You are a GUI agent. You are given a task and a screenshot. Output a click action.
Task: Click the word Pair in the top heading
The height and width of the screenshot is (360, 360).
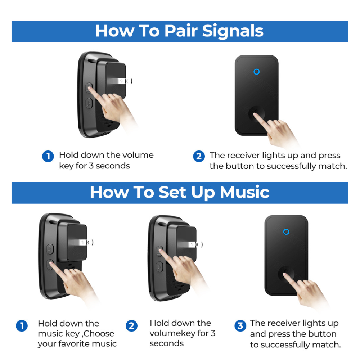point(181,31)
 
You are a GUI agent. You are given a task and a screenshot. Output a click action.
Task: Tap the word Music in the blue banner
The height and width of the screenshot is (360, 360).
point(244,192)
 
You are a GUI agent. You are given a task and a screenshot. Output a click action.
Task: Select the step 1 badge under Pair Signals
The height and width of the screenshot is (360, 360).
point(48,156)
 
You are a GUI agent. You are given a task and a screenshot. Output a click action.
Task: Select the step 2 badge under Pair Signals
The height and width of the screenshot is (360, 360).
point(199,156)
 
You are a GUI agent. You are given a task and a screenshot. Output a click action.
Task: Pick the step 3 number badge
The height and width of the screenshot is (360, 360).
point(240,326)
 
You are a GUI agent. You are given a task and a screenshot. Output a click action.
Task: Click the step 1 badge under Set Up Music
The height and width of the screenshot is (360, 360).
point(22,326)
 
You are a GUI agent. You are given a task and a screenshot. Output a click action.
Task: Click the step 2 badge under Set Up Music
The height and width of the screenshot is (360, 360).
point(131,326)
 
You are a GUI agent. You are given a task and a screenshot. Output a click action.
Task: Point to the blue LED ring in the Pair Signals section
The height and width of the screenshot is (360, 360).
point(256,72)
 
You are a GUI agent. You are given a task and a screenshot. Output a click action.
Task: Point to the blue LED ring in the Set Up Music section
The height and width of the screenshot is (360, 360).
point(286,232)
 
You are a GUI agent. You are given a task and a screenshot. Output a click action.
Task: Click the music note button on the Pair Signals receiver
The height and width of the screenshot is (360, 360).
point(89,103)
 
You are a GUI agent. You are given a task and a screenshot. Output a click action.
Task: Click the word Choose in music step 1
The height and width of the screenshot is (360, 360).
point(99,334)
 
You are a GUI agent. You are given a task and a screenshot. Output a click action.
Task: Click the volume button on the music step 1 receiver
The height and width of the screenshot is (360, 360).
point(50,249)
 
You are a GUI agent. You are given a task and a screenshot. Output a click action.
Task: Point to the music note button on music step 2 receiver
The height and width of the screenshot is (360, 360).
point(159,267)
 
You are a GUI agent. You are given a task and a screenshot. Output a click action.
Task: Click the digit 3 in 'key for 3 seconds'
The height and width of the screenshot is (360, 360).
point(91,166)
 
